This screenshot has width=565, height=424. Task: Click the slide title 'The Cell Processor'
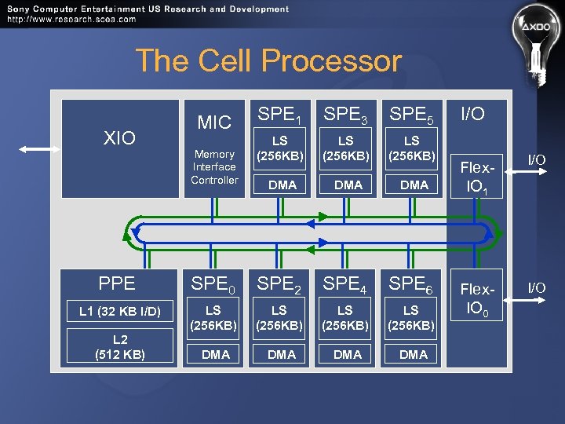click(x=268, y=60)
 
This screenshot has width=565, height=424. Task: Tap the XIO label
click(x=120, y=138)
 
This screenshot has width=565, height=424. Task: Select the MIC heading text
click(x=214, y=122)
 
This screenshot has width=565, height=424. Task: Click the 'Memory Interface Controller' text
click(x=214, y=167)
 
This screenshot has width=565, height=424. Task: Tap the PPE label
click(x=117, y=283)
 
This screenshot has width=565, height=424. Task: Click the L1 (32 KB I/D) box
click(x=120, y=313)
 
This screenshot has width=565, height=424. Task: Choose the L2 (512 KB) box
click(x=120, y=347)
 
